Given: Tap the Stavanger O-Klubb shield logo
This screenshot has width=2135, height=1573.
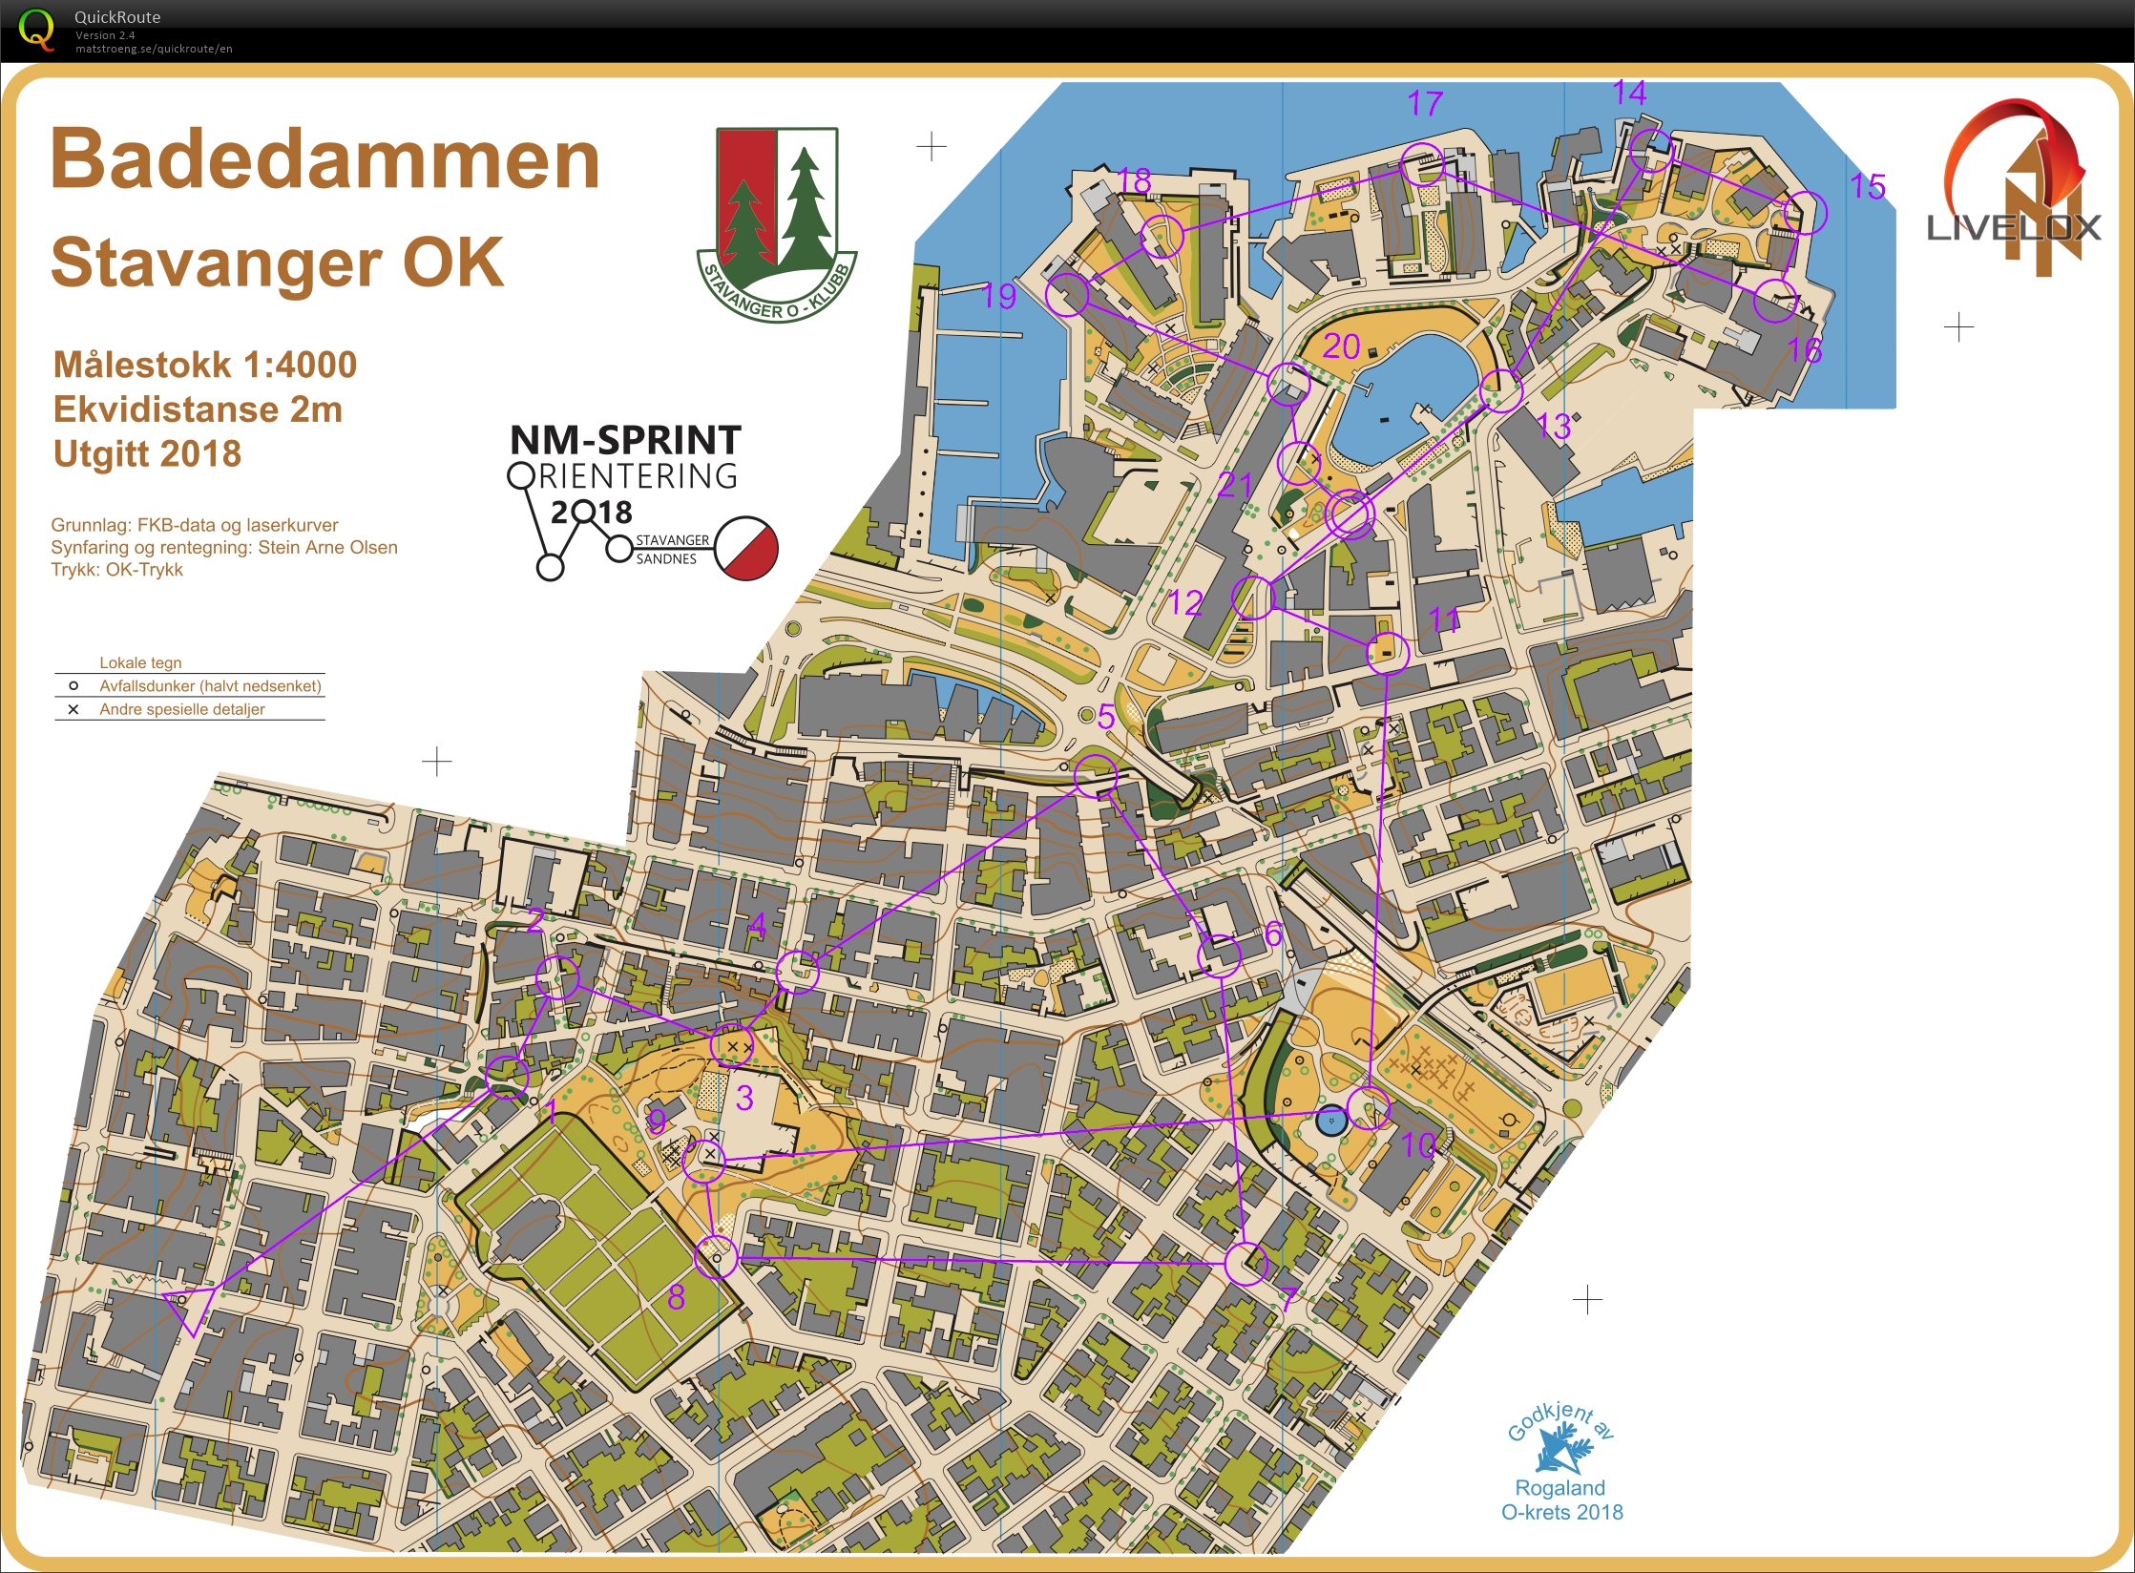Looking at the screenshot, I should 777,224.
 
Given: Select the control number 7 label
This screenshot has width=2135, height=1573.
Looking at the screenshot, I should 1287,1298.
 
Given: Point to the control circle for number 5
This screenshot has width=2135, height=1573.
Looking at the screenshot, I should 1095,775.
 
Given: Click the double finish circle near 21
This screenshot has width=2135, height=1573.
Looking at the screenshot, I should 1350,514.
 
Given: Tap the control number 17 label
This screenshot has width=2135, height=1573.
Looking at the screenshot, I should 1424,103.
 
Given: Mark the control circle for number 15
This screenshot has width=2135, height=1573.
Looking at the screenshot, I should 1805,212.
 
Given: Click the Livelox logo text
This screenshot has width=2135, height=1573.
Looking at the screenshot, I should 2014,227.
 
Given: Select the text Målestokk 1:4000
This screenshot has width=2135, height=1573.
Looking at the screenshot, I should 204,365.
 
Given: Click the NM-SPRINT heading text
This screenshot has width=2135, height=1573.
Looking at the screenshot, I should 625,440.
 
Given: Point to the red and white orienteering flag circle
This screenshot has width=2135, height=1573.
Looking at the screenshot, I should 746,548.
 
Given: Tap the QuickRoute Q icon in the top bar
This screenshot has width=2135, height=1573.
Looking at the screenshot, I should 36,29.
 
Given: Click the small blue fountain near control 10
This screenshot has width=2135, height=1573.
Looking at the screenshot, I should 1330,1121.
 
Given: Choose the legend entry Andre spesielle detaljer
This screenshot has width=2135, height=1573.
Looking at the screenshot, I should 181,709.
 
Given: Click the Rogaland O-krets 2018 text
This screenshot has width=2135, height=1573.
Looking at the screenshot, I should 1561,1500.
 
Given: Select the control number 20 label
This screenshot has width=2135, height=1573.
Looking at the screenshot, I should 1340,346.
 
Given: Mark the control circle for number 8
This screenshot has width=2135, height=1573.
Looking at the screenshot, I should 716,1256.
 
